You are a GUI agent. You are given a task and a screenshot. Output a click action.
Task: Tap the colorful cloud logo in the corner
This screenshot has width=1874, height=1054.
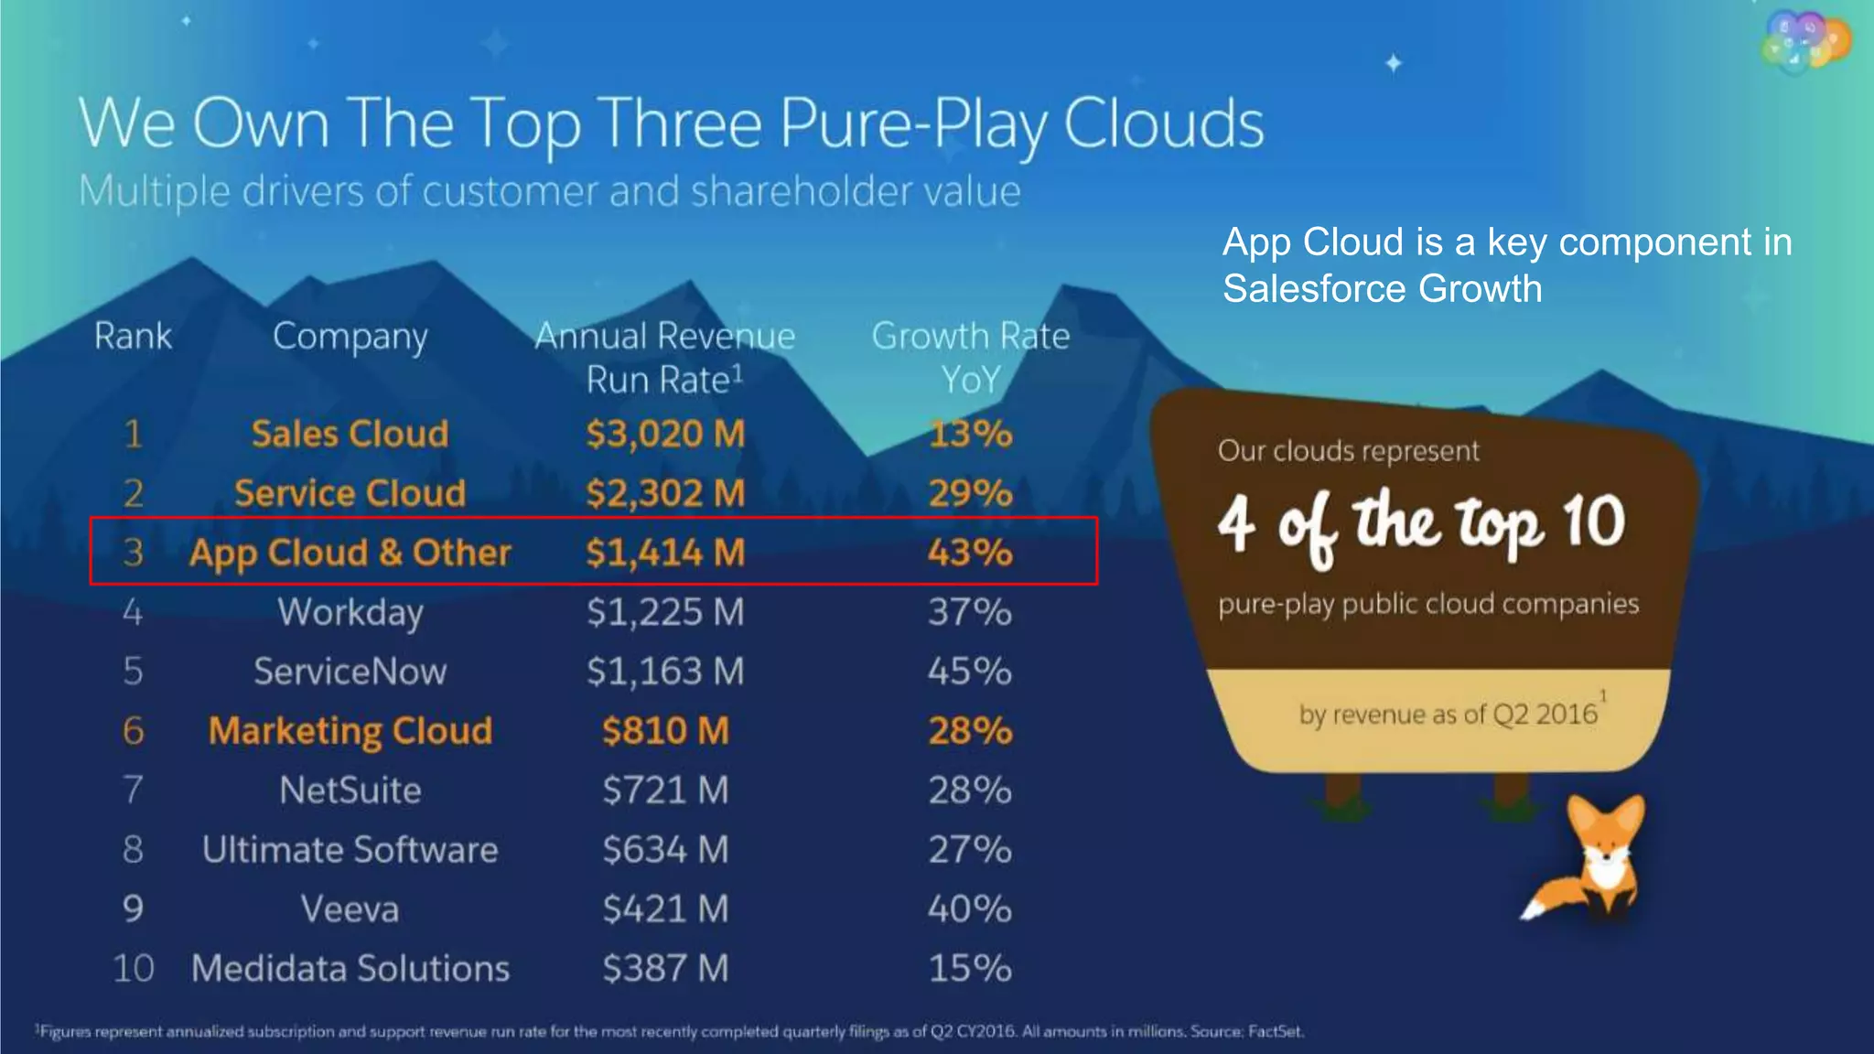pos(1804,41)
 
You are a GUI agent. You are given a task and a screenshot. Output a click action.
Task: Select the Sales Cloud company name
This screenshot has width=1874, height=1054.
pos(350,434)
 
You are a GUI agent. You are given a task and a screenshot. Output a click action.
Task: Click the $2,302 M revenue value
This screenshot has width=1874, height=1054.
pos(665,493)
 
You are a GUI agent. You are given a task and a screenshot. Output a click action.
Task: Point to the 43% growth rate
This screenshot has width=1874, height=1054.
pos(970,553)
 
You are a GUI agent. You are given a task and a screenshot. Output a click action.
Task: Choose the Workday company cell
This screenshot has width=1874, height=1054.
pos(350,612)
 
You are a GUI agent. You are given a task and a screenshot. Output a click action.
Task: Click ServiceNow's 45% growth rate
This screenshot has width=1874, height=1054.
pos(970,672)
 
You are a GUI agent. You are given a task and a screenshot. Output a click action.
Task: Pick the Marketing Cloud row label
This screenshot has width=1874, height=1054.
pos(350,731)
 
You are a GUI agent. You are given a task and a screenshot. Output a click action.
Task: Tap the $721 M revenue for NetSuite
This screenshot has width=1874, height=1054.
pos(665,790)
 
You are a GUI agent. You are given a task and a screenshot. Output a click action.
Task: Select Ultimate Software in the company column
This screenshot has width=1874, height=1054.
pos(350,850)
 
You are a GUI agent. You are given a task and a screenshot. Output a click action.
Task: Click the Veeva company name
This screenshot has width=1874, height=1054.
pos(350,909)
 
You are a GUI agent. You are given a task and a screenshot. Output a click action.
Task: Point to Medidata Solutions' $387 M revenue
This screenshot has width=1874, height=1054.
pos(665,969)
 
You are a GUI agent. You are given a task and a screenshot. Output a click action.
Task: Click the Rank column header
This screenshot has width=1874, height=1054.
pos(133,336)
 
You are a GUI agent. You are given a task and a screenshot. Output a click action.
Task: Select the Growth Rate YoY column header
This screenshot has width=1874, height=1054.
pos(970,357)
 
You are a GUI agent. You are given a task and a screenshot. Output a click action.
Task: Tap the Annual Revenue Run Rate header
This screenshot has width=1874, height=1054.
pos(665,357)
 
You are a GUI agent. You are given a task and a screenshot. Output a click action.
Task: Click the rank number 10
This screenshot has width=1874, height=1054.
pos(133,969)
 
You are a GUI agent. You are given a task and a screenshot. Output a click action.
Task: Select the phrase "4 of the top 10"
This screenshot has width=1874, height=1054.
pos(1421,523)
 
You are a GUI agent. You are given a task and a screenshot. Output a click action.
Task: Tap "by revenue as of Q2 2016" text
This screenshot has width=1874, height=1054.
pos(1448,714)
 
